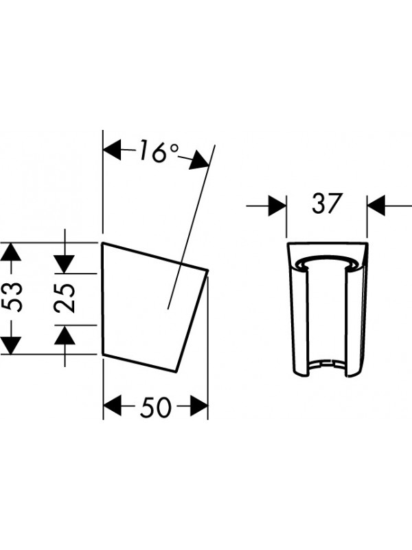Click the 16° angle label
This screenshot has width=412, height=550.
pyautogui.click(x=159, y=151)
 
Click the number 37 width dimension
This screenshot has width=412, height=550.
pyautogui.click(x=326, y=203)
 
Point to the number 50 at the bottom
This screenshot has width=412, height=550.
pyautogui.click(x=156, y=407)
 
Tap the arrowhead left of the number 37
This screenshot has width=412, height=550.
pyautogui.click(x=277, y=206)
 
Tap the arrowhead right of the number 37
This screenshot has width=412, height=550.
pyautogui.click(x=376, y=206)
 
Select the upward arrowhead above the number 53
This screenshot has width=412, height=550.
pyautogui.click(x=11, y=252)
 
